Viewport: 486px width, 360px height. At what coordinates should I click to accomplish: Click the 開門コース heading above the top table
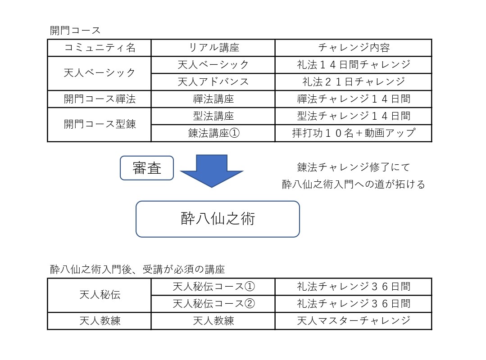[75, 31]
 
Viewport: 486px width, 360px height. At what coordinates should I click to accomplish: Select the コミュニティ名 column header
[100, 48]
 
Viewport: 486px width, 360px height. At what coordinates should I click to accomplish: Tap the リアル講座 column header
[213, 48]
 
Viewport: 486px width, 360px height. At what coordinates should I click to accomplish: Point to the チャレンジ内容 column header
[354, 48]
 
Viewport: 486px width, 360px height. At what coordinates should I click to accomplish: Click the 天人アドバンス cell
[213, 82]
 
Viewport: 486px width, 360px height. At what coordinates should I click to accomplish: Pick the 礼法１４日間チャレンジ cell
[354, 65]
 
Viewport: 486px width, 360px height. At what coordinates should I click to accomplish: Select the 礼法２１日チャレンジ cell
[354, 82]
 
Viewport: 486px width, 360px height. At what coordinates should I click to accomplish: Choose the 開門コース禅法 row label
[100, 99]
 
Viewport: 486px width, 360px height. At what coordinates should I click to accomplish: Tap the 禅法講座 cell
[213, 99]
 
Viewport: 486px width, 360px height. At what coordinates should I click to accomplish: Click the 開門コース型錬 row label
[100, 125]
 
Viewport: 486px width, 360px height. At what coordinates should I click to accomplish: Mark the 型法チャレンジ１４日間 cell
[354, 116]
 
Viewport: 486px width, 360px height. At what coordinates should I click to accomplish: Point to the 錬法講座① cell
[213, 133]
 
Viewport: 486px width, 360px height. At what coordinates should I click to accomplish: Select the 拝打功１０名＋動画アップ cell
[354, 133]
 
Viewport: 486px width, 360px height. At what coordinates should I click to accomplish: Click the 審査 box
[147, 168]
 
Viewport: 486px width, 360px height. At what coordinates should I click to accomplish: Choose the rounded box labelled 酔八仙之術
[218, 219]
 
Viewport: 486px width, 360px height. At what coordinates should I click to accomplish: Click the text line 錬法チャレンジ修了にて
[354, 167]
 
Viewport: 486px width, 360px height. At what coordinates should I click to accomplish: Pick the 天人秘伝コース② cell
[213, 304]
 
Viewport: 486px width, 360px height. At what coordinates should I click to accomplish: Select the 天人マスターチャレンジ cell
[354, 321]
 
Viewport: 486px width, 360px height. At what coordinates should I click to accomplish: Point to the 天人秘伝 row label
[100, 295]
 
